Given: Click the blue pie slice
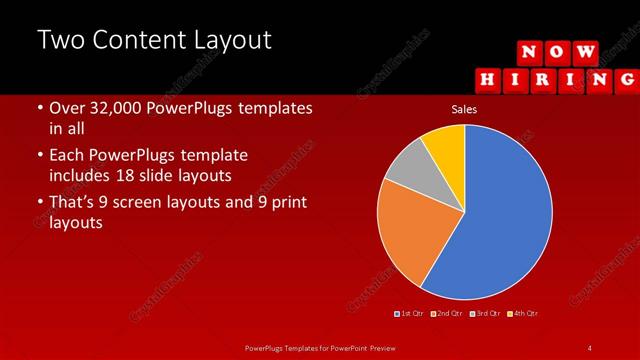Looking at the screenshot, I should coord(500,220).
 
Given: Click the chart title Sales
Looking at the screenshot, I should coord(464,109).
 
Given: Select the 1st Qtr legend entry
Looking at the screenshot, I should coord(410,313).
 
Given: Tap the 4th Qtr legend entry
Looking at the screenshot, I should coord(522,313).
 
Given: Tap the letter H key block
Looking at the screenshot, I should coord(488,77).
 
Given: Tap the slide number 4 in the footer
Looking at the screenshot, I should coord(590,347).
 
